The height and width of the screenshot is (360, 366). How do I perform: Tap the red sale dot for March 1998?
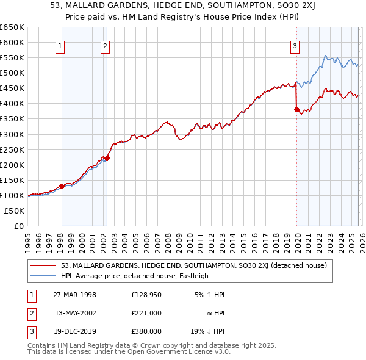pos(62,186)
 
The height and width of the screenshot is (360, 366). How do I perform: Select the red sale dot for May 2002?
pos(107,158)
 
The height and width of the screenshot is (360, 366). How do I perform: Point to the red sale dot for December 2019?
pos(296,110)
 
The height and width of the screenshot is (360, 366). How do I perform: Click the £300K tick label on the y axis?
pos(12,134)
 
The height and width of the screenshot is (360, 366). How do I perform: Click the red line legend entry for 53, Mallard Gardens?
pos(194,265)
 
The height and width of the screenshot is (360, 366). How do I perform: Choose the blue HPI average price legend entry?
pos(135,276)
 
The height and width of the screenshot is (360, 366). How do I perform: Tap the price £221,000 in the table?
pos(146,312)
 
